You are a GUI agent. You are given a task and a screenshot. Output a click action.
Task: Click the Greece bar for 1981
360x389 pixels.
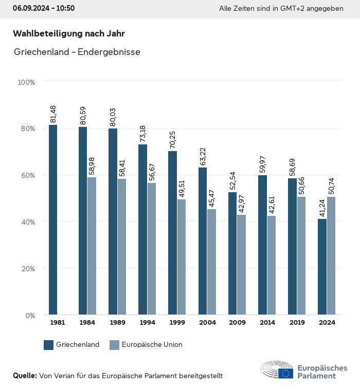53,220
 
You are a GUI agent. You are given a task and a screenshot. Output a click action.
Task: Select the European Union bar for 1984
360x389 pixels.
92,246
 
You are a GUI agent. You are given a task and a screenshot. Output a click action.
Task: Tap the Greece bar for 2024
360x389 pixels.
322,267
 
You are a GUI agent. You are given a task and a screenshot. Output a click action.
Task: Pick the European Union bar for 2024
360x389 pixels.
331,256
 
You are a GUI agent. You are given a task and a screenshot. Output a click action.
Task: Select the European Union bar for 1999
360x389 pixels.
182,257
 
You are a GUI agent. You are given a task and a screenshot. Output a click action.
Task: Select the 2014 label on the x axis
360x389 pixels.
267,323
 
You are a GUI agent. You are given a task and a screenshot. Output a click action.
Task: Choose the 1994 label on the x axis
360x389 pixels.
147,323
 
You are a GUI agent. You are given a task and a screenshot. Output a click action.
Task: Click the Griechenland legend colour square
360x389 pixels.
49,345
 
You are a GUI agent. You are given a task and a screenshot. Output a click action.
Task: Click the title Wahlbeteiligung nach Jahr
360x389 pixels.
68,34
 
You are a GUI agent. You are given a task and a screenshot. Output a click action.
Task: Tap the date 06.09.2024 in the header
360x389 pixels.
30,8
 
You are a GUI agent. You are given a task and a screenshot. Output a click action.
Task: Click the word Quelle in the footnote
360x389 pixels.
25,376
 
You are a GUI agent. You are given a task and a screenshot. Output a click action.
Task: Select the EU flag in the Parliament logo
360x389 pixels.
286,374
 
